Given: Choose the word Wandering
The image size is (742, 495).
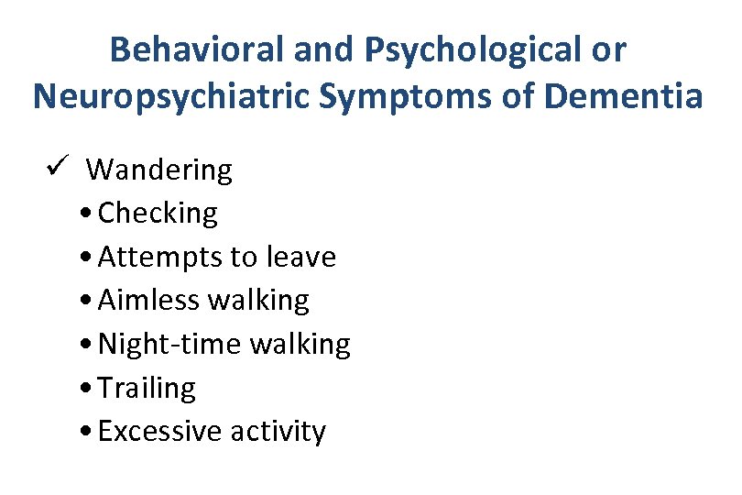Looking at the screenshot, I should click(x=159, y=170).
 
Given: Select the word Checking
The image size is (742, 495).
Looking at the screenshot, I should click(x=158, y=214).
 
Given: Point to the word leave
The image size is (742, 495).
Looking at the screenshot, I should click(x=300, y=258).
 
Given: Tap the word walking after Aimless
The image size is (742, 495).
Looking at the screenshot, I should click(x=259, y=301).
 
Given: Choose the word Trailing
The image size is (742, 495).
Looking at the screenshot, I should click(x=147, y=388).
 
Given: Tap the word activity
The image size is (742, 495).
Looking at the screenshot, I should click(x=279, y=432).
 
